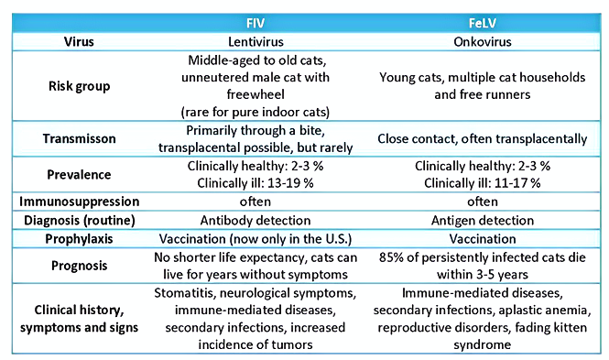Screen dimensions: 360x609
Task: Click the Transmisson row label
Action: coord(79,138)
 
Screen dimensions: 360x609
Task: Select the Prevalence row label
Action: coord(79,174)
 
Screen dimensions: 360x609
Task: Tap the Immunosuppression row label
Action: coord(79,201)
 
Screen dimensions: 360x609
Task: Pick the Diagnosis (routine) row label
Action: coord(79,219)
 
